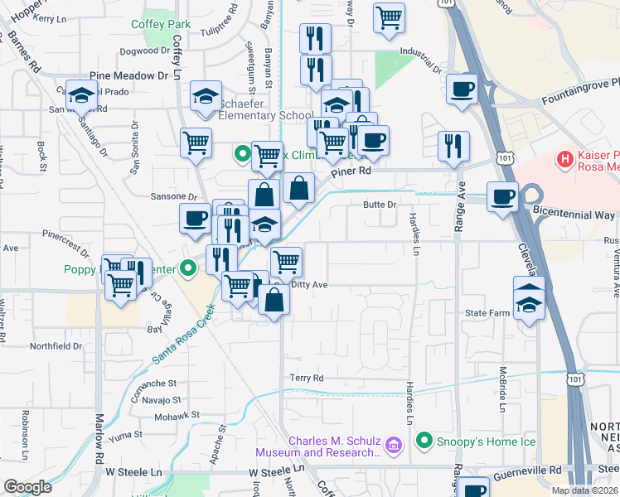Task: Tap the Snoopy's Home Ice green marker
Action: tap(425, 439)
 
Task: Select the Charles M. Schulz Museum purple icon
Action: tap(393, 446)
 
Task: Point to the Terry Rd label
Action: tap(306, 378)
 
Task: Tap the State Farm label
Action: tap(486, 313)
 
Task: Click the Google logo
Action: tap(27, 486)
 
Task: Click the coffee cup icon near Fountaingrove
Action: tap(462, 89)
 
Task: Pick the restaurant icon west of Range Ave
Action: tap(453, 146)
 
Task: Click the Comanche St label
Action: tap(155, 384)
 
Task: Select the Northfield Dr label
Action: tap(56, 346)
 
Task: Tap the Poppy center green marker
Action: tap(188, 267)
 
